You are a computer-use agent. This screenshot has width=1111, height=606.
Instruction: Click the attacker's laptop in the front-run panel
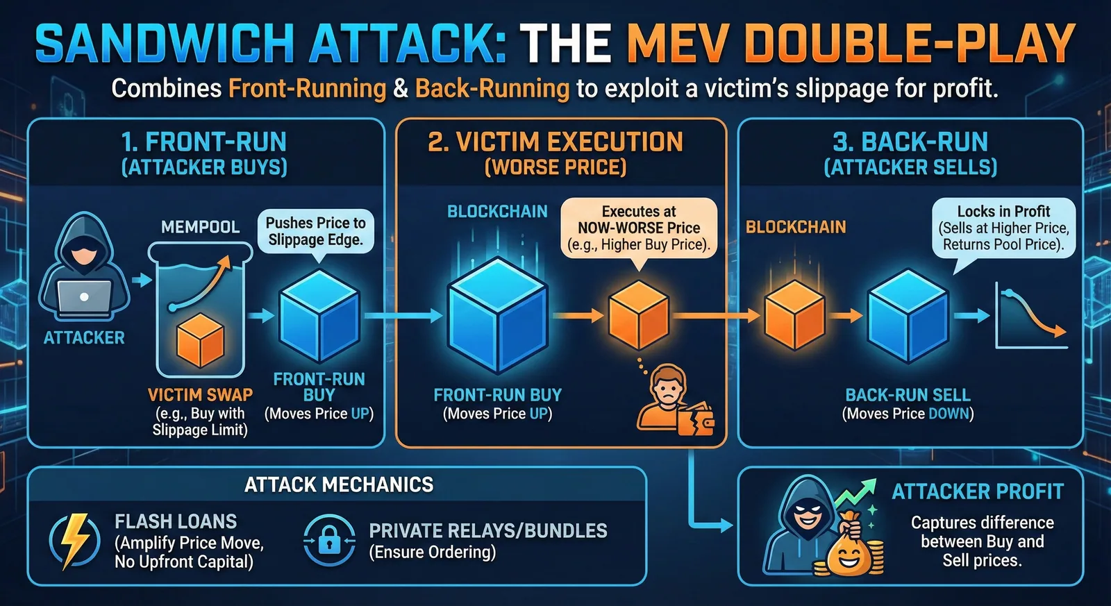(84, 298)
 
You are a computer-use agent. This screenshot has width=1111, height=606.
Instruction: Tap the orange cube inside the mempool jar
(201, 340)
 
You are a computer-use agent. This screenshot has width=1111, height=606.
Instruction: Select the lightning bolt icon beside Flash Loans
(74, 541)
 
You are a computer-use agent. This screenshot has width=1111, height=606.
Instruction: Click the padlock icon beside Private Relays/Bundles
(329, 541)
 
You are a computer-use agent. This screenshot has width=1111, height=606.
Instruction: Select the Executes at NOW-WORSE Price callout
(639, 229)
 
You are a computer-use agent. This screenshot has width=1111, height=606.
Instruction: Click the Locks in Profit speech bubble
(1003, 229)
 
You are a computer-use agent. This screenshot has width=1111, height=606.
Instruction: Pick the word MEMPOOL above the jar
(201, 227)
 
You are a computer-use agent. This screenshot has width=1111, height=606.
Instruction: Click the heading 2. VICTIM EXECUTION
(555, 142)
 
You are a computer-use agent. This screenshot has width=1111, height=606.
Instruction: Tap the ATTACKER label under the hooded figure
(84, 338)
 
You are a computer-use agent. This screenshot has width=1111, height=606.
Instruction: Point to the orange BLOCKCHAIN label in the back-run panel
(796, 227)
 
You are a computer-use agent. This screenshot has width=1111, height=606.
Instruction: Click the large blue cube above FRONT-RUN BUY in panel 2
(498, 315)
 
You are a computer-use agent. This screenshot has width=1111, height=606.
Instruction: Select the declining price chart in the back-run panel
(1031, 316)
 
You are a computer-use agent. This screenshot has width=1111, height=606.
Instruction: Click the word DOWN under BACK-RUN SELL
(949, 414)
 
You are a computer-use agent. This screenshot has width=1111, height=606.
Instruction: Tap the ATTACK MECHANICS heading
(339, 485)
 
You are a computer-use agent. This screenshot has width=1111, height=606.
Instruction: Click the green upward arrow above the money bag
(855, 492)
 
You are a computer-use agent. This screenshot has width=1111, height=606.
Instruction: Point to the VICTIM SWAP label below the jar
(201, 395)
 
